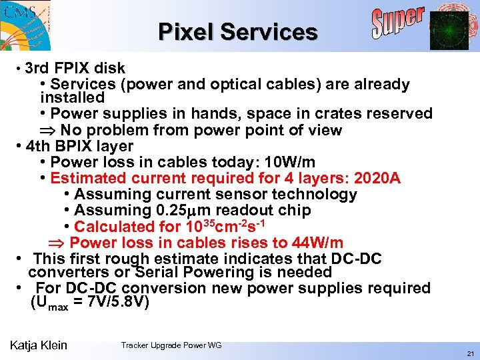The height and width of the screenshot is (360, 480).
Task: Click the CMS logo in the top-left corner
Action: [x=25, y=25]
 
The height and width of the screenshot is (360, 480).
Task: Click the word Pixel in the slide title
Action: [x=186, y=32]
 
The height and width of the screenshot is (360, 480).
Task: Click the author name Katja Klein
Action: [x=39, y=345]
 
